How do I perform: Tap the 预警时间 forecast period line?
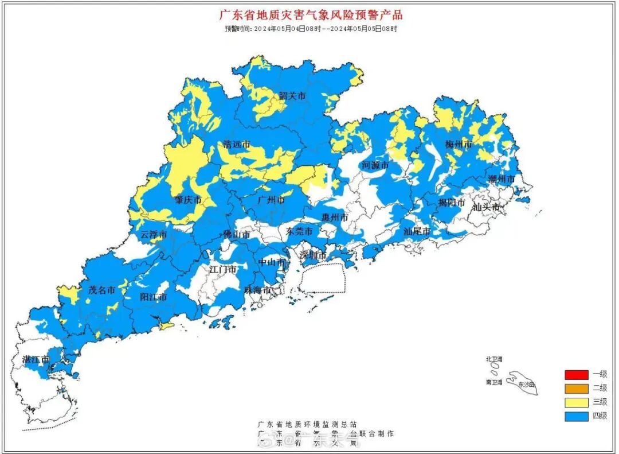pyautogui.click(x=310, y=28)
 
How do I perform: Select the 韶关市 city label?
pyautogui.click(x=292, y=96)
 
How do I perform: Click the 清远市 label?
pyautogui.click(x=237, y=145)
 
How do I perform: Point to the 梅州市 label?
pyautogui.click(x=459, y=144)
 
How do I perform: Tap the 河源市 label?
pyautogui.click(x=375, y=165)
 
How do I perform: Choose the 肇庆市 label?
pyautogui.click(x=188, y=200)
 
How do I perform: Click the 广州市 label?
pyautogui.click(x=271, y=200)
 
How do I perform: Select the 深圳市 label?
pyautogui.click(x=314, y=255)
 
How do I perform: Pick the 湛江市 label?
pyautogui.click(x=36, y=360)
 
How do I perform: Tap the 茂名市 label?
pyautogui.click(x=102, y=290)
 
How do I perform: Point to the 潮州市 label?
pyautogui.click(x=502, y=179)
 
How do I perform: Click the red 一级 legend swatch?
pyautogui.click(x=576, y=375)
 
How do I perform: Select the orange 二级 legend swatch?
pyautogui.click(x=576, y=389)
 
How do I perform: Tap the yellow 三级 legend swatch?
pyautogui.click(x=576, y=402)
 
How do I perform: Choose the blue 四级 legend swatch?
pyautogui.click(x=576, y=416)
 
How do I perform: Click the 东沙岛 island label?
pyautogui.click(x=525, y=384)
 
